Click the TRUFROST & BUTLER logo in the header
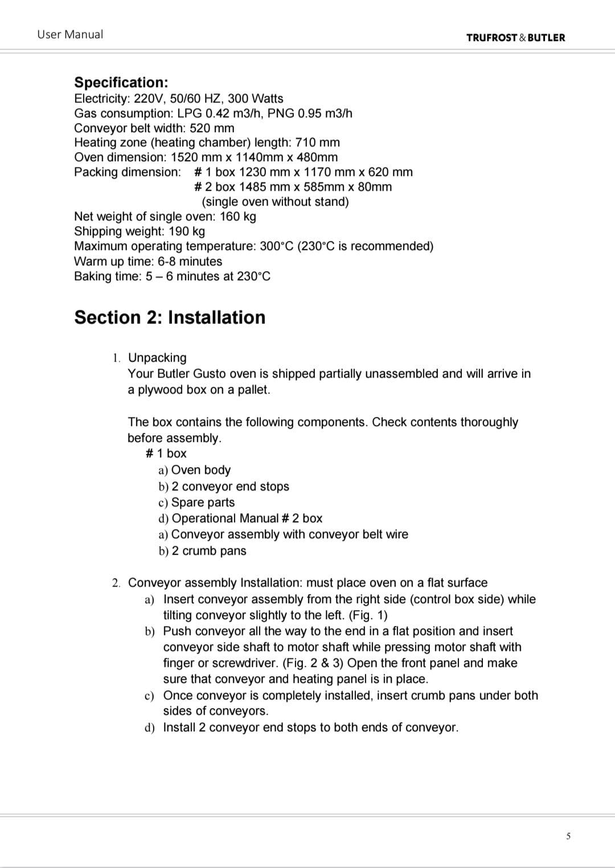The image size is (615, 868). pyautogui.click(x=515, y=38)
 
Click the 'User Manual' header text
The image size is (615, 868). pyautogui.click(x=70, y=34)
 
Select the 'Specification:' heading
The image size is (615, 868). pyautogui.click(x=121, y=83)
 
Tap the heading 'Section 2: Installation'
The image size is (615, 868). pyautogui.click(x=170, y=317)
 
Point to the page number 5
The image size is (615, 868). pyautogui.click(x=568, y=836)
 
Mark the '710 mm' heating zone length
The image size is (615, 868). pyautogui.click(x=318, y=142)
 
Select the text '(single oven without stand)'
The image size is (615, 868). pyautogui.click(x=275, y=202)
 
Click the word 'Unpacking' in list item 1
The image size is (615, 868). pyautogui.click(x=157, y=358)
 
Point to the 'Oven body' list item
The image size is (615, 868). pyautogui.click(x=200, y=470)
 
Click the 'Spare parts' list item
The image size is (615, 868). pyautogui.click(x=203, y=502)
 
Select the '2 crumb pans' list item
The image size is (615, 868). pyautogui.click(x=209, y=551)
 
